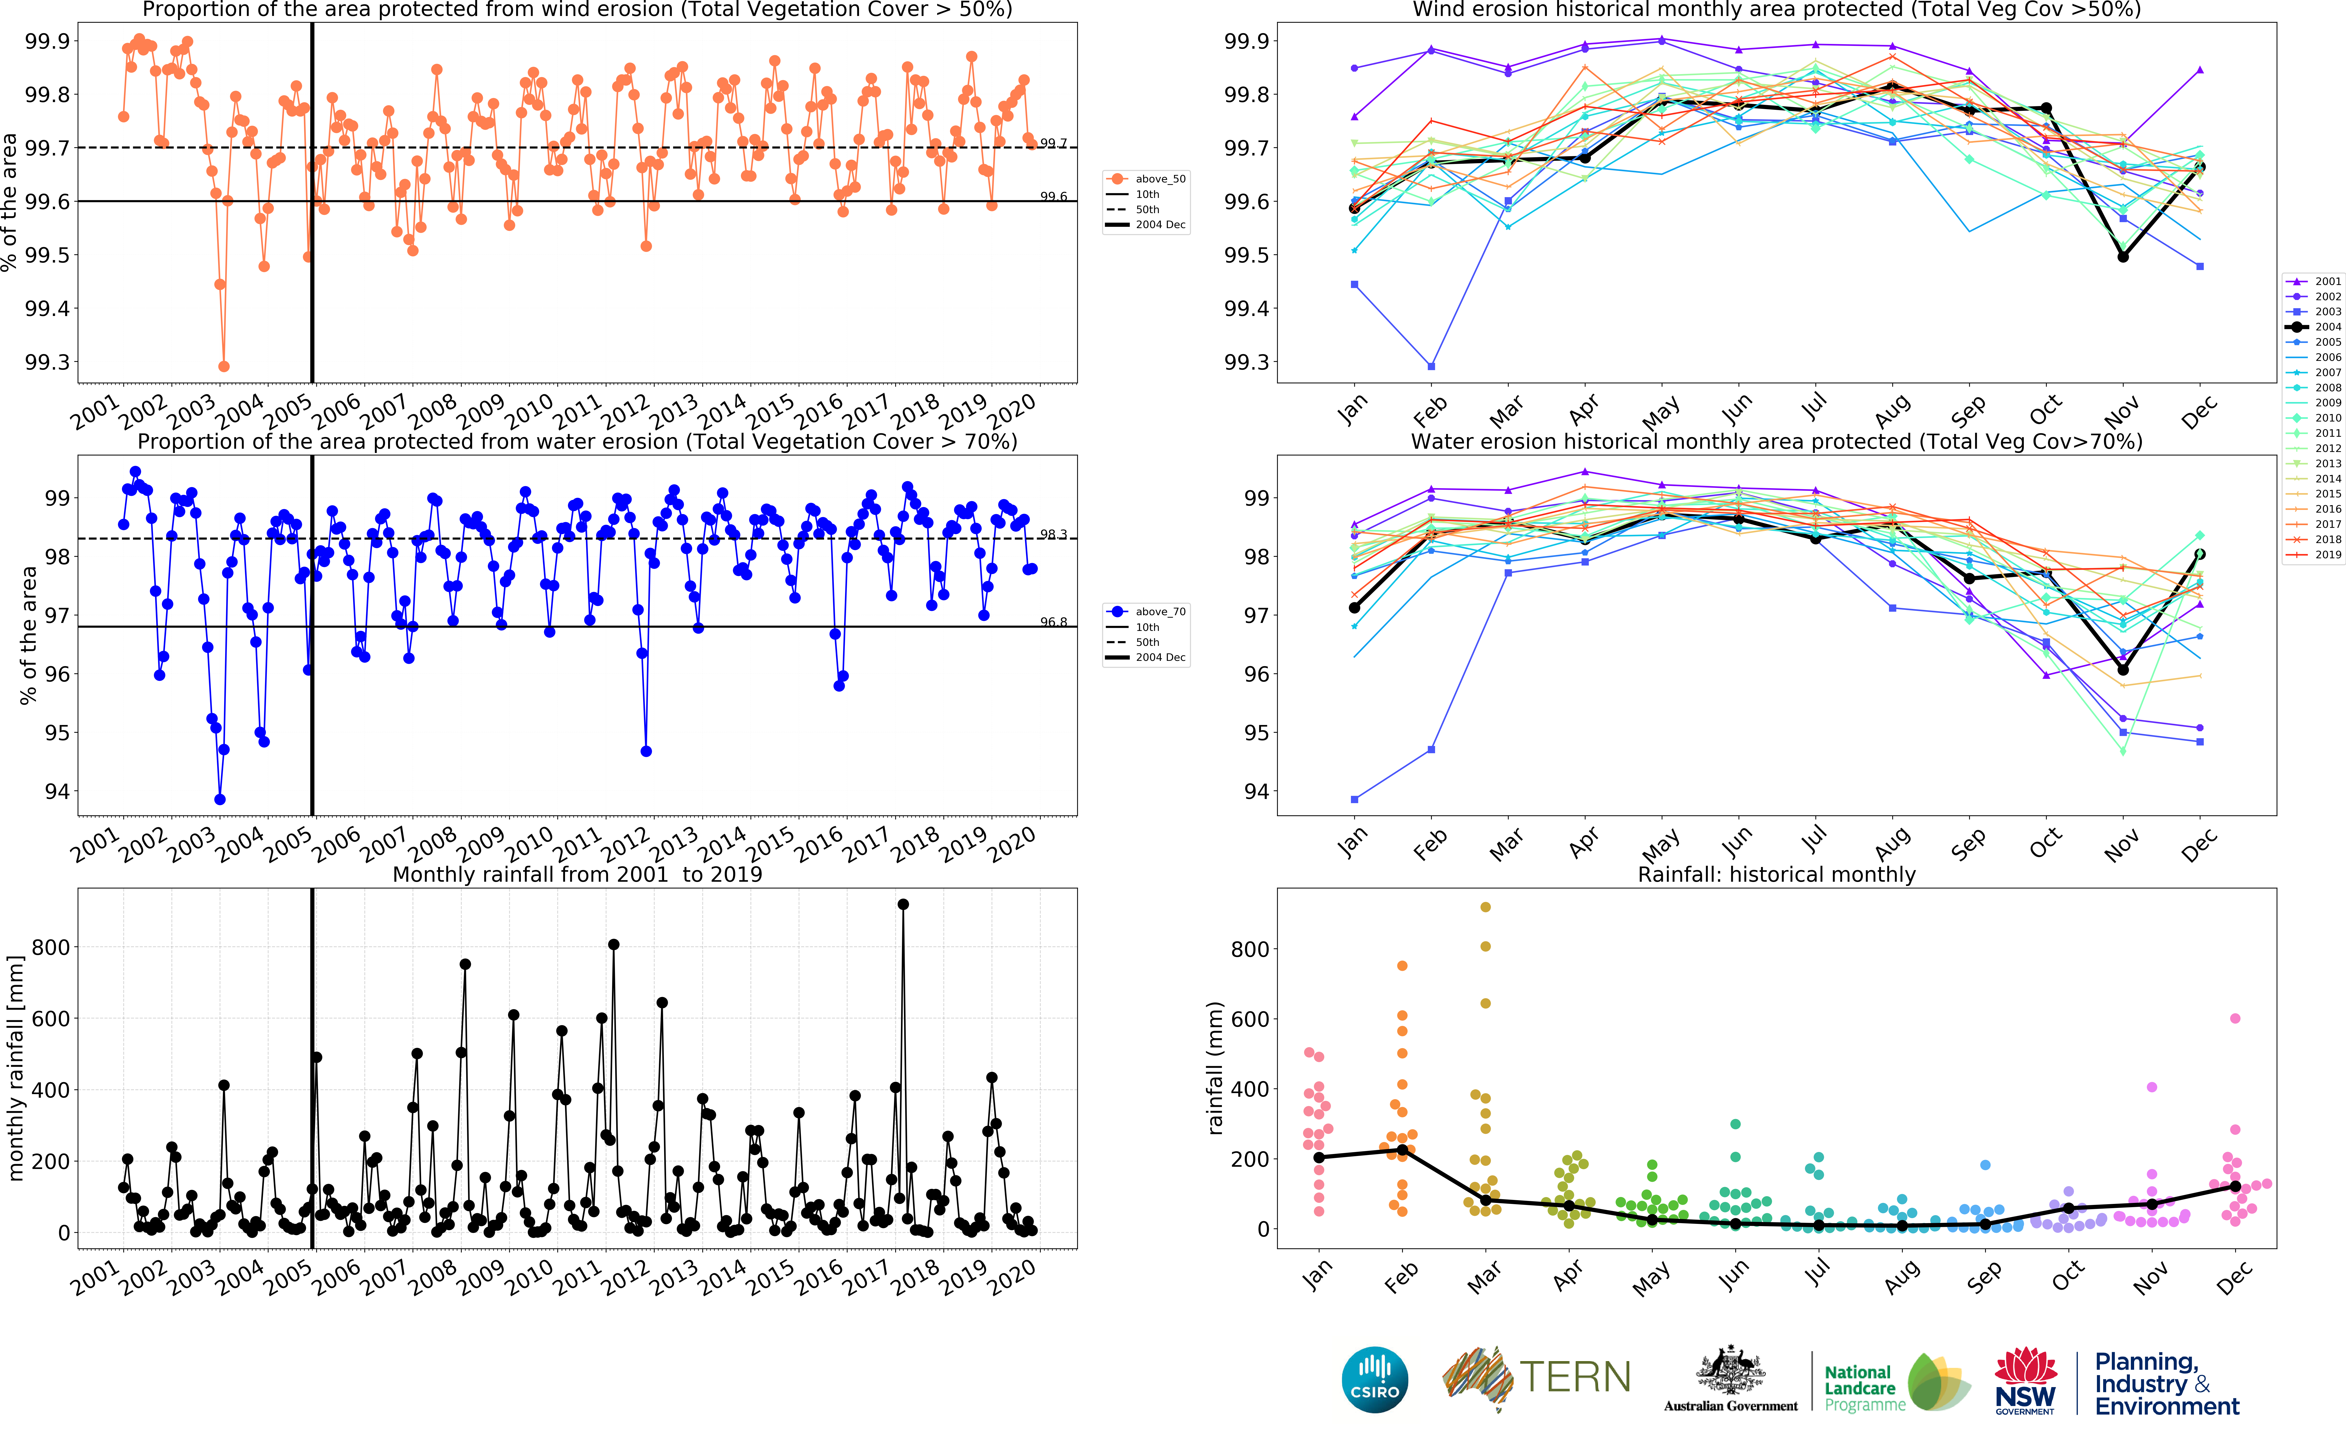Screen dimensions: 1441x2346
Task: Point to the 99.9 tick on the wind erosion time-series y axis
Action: pos(48,41)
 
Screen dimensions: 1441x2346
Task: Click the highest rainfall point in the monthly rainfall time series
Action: pos(903,904)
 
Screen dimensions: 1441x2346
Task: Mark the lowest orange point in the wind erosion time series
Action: pos(224,366)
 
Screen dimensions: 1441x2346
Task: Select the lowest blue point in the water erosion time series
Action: pos(220,800)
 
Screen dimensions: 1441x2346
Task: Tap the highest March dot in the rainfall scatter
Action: pos(1485,907)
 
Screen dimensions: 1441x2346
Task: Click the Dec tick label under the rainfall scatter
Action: pos(2233,1277)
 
